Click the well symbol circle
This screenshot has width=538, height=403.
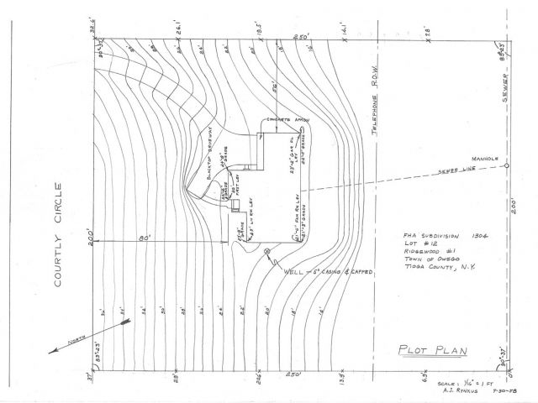[x=267, y=252]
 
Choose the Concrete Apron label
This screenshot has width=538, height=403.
[x=288, y=120]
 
